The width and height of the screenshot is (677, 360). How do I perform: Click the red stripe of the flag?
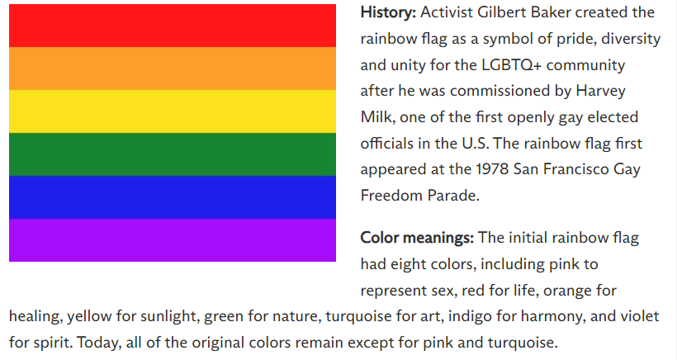point(173,26)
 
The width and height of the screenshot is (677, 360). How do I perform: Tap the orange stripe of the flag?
point(173,69)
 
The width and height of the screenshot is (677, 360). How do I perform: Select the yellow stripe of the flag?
point(173,111)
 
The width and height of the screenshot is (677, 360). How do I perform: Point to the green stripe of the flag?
point(173,154)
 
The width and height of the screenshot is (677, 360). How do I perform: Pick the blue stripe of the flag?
point(173,197)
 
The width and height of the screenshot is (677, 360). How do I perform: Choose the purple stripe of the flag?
point(173,240)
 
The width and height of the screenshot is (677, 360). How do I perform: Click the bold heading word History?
point(388,12)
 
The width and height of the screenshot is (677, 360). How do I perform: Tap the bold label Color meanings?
point(417,238)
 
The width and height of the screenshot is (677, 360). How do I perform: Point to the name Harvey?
point(600,92)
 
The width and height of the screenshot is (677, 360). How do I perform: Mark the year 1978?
point(492,168)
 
